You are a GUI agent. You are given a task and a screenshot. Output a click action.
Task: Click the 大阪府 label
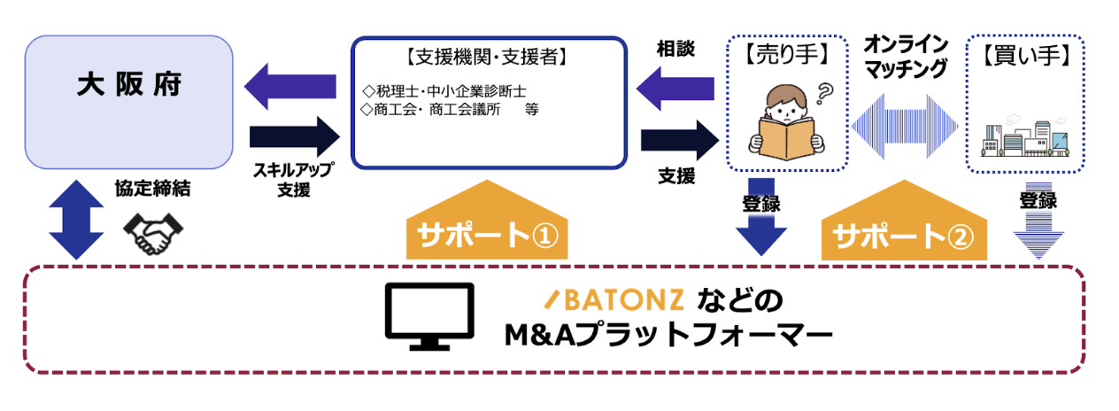[x=129, y=86]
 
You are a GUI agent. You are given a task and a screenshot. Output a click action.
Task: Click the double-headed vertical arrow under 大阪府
[x=68, y=217]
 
